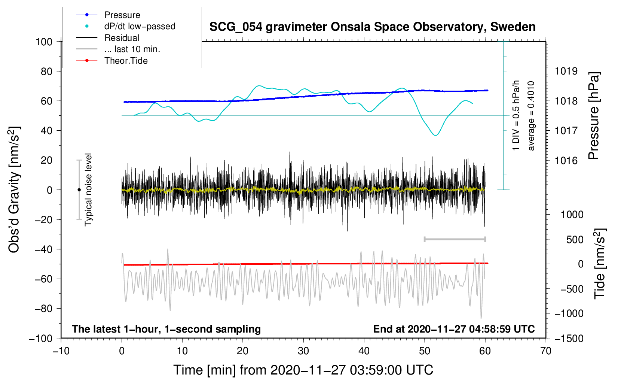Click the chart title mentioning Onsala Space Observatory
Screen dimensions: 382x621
pos(372,27)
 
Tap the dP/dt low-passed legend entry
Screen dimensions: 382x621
pos(140,26)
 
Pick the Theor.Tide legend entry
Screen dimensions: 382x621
pos(126,61)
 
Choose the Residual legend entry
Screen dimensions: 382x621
pos(122,38)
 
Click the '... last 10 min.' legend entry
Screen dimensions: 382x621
pos(132,49)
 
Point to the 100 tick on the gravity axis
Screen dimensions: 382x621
pos(44,42)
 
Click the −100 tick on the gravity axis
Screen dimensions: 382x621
pos(41,338)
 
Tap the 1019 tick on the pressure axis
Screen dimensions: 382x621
pos(566,71)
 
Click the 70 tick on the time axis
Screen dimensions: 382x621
pos(546,351)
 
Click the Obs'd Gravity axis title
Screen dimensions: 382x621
pos(14,190)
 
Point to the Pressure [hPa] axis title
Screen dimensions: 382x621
pos(594,116)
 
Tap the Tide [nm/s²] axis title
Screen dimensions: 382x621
pos(600,264)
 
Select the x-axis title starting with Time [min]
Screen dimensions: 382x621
pos(303,370)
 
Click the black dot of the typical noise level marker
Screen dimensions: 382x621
pos(79,190)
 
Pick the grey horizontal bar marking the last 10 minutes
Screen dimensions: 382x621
pos(455,239)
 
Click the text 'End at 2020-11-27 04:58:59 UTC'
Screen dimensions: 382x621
pos(454,329)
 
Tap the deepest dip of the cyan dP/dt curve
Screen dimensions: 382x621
pos(435,135)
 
